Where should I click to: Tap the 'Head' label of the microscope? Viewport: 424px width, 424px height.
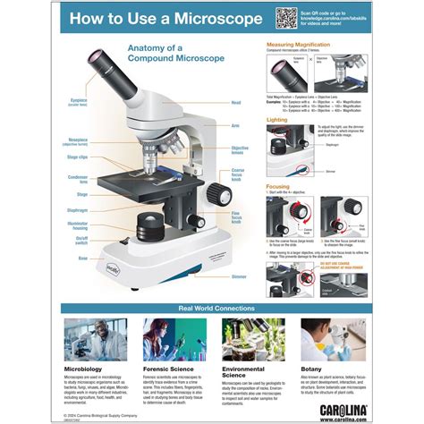[236, 103]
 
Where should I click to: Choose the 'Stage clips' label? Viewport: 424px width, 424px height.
[76, 157]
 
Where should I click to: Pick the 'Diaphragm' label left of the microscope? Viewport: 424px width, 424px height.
[77, 210]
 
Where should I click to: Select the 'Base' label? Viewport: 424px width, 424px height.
[83, 258]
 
